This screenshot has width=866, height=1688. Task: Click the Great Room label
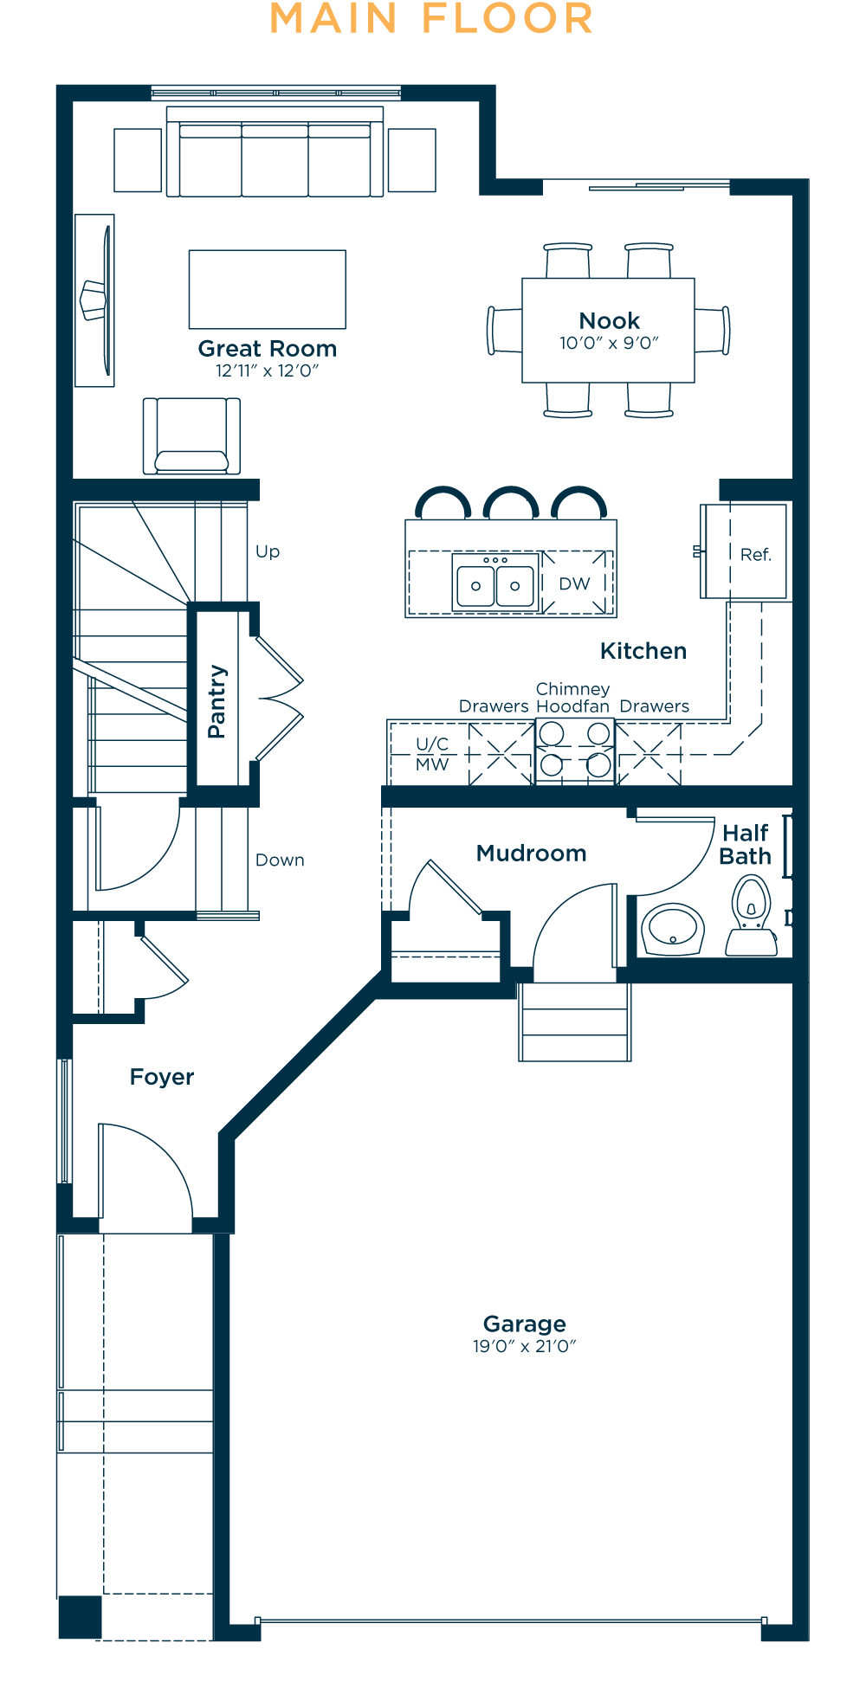tap(268, 349)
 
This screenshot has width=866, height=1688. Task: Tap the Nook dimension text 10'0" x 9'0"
tap(609, 343)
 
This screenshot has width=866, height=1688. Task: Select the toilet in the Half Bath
tap(752, 916)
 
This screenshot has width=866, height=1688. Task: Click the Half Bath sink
tap(673, 930)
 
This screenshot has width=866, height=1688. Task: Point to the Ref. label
tap(755, 555)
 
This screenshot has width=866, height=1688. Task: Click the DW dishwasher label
tap(574, 584)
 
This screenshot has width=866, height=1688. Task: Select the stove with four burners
tap(575, 751)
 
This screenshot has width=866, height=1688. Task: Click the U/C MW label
tap(432, 754)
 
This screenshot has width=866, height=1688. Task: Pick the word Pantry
tap(216, 701)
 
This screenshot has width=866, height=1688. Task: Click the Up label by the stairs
tap(268, 552)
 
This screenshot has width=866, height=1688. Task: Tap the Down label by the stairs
tap(280, 860)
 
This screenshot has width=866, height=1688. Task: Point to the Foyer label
tap(162, 1077)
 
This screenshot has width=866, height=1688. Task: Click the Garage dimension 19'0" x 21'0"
tap(524, 1346)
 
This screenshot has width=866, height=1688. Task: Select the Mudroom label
tap(532, 854)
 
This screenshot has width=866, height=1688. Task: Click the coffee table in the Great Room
tap(268, 289)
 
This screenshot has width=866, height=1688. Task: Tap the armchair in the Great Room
tap(191, 435)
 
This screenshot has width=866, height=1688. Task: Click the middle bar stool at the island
tap(511, 502)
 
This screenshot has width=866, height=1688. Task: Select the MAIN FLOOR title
tap(431, 19)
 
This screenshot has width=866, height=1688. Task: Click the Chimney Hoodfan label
tap(573, 698)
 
